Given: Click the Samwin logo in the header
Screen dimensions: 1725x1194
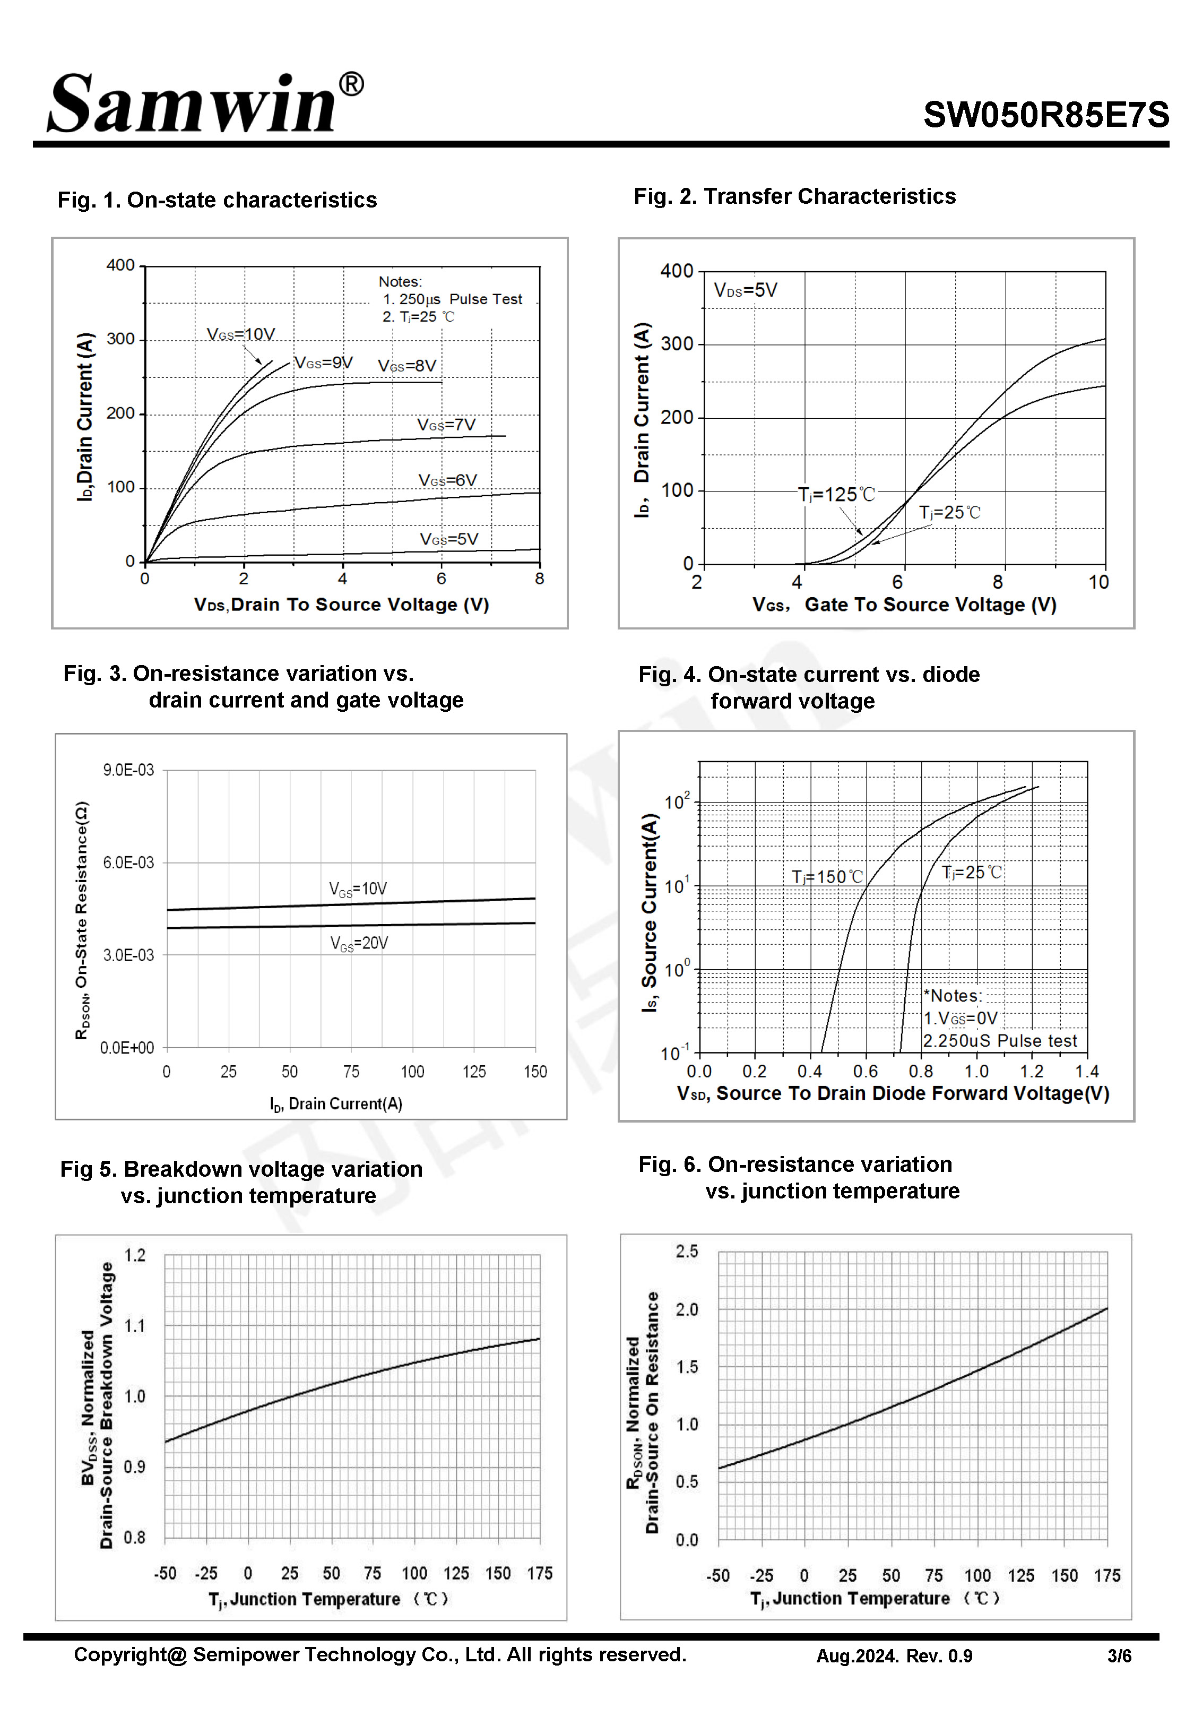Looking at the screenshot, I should (193, 105).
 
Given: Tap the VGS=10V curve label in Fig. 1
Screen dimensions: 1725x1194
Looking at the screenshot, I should (241, 334).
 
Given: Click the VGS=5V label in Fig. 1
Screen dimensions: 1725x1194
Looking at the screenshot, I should (449, 539).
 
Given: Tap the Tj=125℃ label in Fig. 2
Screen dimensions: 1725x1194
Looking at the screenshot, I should (836, 495).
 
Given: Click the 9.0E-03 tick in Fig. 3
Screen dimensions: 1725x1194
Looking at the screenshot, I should (128, 770).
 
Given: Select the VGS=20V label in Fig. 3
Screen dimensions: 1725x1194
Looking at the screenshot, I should (359, 943).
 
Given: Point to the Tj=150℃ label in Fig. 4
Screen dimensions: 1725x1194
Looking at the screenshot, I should (827, 877).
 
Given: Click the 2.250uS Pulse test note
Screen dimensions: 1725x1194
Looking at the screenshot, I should (999, 1040).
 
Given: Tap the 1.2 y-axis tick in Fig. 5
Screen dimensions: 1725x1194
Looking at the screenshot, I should (135, 1255).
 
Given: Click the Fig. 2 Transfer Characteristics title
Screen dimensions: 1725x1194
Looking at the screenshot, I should (794, 196).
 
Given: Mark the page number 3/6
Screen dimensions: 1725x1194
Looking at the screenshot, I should (1119, 1656).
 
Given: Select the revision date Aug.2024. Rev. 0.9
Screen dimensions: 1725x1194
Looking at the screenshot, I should (894, 1656).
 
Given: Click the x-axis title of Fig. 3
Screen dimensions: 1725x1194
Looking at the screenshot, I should (336, 1104).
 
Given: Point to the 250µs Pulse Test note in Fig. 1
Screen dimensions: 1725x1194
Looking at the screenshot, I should (453, 299).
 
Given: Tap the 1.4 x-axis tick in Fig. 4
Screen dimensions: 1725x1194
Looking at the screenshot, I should (1086, 1071).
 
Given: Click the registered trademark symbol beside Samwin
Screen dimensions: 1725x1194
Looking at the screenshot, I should (352, 84).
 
